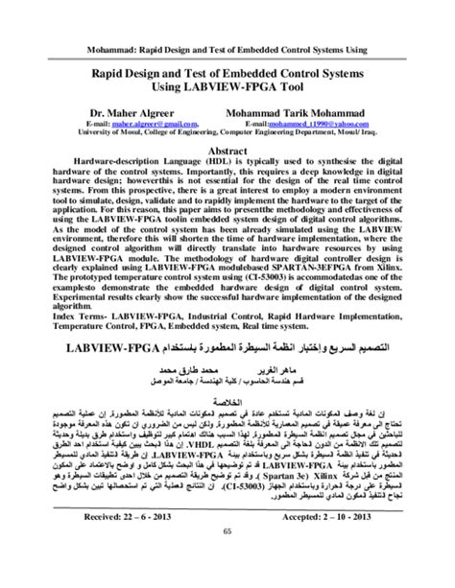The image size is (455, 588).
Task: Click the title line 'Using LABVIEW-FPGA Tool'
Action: [227, 87]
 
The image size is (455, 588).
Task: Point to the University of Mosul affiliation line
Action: [227, 133]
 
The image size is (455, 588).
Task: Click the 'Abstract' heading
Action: [227, 151]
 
